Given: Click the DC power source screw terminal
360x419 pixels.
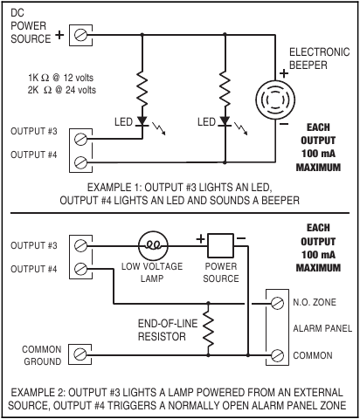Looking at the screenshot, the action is tap(80, 35).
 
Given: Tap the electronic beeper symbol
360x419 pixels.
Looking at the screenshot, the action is tap(275, 100).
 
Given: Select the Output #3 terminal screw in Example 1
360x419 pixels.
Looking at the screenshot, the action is tap(80, 139).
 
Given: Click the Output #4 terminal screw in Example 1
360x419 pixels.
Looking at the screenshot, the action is tap(80, 162).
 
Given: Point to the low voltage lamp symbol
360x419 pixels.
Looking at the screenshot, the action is tap(153, 246).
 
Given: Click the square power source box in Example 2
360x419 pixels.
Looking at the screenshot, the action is tap(220, 245).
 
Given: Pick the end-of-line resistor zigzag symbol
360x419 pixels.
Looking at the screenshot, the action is tap(208, 328).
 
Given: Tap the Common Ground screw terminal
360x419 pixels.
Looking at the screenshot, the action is tap(80, 354).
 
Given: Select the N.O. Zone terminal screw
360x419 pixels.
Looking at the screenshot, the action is tap(277, 303).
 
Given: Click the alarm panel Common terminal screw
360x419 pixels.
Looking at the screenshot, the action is tap(277, 355).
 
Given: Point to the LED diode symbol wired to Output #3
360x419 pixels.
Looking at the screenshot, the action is tap(142, 121).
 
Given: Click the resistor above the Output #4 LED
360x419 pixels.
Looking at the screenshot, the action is tap(225, 89).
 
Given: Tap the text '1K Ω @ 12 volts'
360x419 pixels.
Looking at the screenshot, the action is tap(60, 78).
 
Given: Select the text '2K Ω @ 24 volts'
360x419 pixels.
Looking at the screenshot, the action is tap(62, 90).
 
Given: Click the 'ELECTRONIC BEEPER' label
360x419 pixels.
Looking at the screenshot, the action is tap(319, 58).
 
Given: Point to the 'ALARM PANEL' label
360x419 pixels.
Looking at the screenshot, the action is tap(322, 328).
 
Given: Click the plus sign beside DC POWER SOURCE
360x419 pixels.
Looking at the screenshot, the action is tap(59, 35).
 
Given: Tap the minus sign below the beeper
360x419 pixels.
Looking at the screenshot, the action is tap(284, 124).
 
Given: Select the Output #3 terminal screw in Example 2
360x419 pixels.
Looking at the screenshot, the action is tap(80, 246).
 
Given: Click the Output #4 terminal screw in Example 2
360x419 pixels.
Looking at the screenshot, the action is tap(80, 269).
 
